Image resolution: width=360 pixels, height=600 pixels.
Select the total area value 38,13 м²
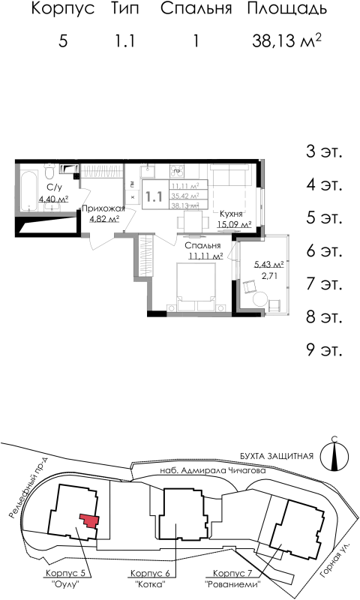[287, 40]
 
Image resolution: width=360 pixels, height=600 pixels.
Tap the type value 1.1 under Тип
[124, 41]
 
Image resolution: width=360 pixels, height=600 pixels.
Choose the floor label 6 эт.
[323, 250]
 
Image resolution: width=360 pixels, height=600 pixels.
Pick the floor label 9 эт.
[323, 349]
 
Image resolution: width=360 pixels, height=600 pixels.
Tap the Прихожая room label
[103, 208]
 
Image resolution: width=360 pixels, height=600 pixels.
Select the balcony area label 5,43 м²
[268, 264]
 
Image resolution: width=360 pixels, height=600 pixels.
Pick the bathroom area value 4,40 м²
[53, 199]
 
